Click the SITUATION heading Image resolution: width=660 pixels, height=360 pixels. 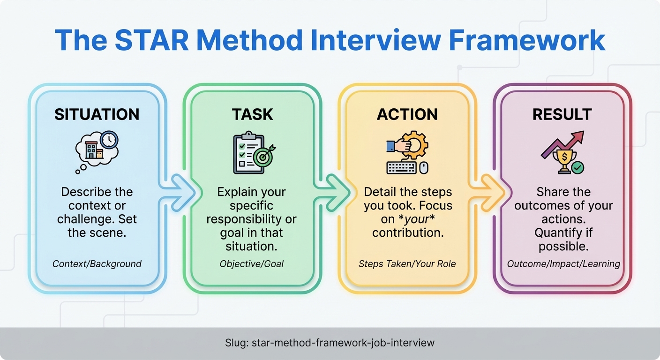(97, 114)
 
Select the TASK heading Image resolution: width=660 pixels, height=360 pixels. (252, 114)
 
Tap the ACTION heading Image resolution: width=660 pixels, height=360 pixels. (407, 114)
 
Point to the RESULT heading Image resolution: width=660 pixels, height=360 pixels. (562, 114)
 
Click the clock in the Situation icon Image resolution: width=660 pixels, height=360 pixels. (109, 140)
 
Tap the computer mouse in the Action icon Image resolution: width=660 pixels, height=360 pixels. (424, 168)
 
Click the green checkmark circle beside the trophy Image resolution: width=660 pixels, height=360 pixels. (577, 167)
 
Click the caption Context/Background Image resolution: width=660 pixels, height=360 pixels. (97, 264)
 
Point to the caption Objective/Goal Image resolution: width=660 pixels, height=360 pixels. (252, 264)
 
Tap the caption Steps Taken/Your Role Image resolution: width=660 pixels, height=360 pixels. (407, 264)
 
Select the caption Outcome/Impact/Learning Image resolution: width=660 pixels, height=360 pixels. (563, 264)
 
